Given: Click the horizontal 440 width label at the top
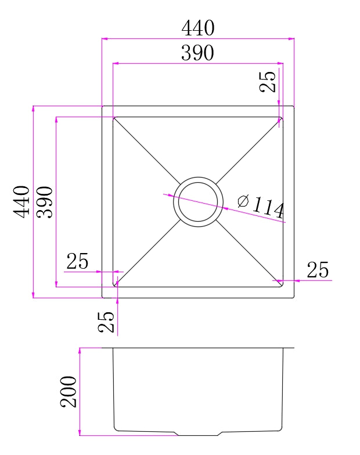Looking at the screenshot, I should click(198, 28).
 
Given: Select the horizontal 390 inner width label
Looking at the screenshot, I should click(197, 53).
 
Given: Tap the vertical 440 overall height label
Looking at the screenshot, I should click(21, 201).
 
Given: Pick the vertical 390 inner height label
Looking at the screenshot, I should click(45, 202).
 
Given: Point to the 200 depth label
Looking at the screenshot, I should click(69, 391).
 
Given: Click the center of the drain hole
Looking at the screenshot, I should click(198, 202).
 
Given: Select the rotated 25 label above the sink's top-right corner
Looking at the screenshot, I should click(268, 81).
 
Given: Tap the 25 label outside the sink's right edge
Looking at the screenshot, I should click(318, 270).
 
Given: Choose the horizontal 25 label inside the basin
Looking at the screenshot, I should click(77, 262).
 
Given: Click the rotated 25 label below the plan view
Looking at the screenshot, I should click(106, 322).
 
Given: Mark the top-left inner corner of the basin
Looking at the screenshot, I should click(113, 117).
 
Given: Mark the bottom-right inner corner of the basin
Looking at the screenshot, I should click(282, 287).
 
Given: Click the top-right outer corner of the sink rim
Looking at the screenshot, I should click(294, 106).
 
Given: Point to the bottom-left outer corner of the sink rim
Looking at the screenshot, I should click(102, 298).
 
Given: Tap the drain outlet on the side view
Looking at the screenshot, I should click(198, 433).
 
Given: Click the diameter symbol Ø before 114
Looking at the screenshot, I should click(243, 201).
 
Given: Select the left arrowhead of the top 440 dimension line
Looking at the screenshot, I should click(104, 39).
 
